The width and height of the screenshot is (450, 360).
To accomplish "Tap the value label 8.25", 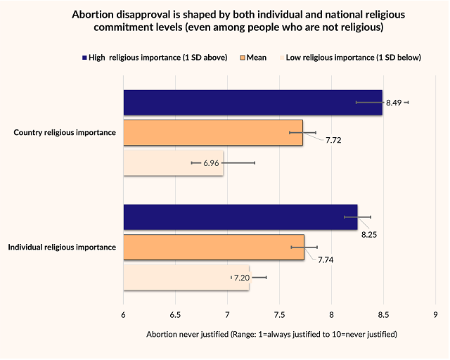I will [370, 234].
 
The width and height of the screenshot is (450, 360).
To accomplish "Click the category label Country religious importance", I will [65, 133].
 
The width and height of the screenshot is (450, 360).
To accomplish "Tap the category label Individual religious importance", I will [62, 247].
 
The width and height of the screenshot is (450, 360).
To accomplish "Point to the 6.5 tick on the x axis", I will [175, 314].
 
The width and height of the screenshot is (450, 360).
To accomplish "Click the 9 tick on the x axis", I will [435, 314].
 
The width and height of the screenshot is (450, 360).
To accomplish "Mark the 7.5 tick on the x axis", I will [279, 314].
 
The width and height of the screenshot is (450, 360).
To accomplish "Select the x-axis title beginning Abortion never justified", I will [271, 333].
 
